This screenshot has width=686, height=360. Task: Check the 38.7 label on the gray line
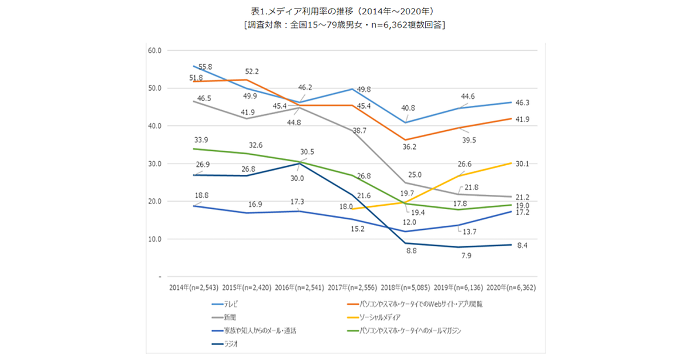[x=360, y=131]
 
